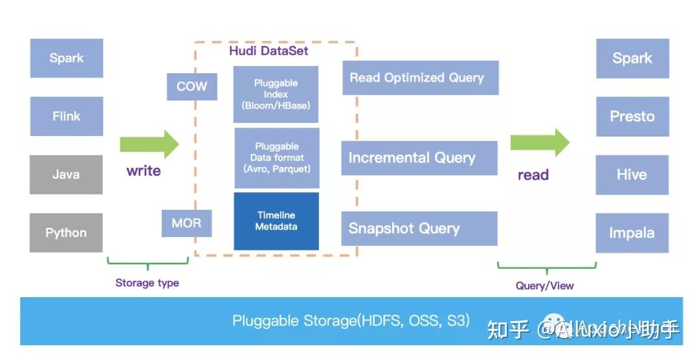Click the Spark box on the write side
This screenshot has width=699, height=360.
[66, 58]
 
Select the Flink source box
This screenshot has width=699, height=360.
[66, 117]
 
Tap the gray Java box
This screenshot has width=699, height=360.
[66, 174]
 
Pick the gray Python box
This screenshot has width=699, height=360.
[66, 233]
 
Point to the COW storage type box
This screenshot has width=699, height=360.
[192, 87]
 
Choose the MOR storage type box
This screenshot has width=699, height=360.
[186, 223]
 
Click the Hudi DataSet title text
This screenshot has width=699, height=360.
[269, 51]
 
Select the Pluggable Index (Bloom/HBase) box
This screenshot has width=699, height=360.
[276, 95]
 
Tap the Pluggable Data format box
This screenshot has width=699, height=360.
[276, 157]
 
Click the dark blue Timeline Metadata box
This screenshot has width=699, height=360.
[276, 221]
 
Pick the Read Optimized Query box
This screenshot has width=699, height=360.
[420, 78]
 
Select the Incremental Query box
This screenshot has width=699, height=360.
[419, 158]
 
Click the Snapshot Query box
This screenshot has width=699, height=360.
[419, 229]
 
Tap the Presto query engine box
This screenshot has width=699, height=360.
[632, 117]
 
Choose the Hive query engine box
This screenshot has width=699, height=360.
[632, 175]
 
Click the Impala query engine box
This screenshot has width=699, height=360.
[632, 233]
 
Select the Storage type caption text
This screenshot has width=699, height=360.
[147, 283]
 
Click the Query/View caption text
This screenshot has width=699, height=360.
[544, 286]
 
